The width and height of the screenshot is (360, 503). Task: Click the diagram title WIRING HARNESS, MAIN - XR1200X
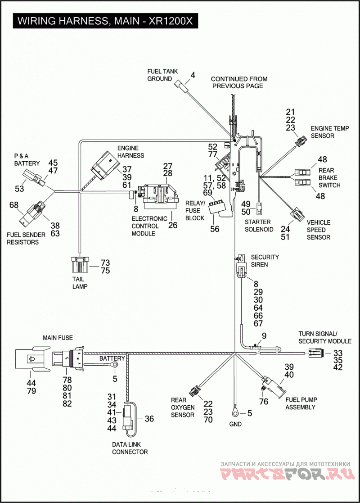[105, 21]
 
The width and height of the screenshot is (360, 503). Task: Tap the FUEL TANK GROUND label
[162, 75]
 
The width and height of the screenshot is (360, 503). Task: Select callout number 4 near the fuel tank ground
[193, 75]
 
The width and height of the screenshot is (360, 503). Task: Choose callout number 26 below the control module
[172, 225]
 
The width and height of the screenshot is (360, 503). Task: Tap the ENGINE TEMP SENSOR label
[329, 132]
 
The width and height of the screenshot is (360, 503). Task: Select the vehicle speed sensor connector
[297, 215]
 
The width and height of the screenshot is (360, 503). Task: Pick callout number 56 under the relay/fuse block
[215, 229]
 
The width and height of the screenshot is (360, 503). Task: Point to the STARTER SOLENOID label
[259, 226]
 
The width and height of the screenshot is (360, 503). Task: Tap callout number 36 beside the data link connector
[149, 419]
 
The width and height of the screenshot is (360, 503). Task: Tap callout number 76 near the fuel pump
[264, 402]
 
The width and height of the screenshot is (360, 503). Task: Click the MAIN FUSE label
[58, 338]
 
